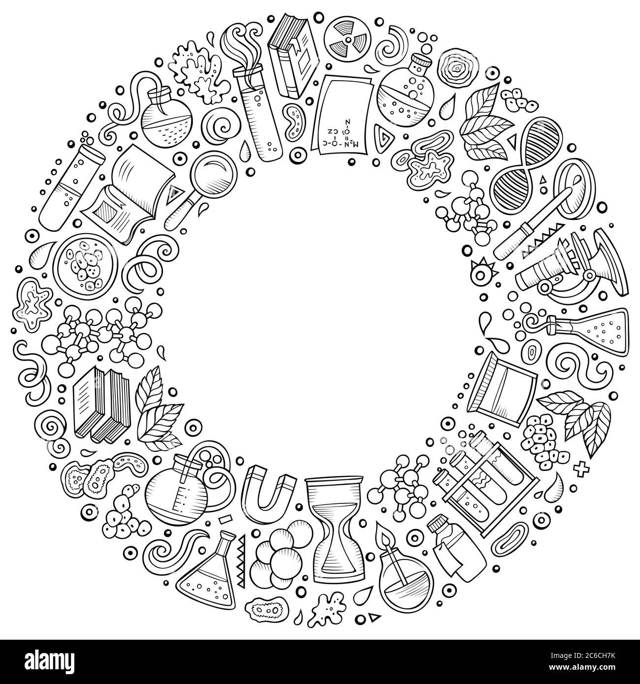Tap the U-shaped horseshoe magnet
[x=269, y=489]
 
